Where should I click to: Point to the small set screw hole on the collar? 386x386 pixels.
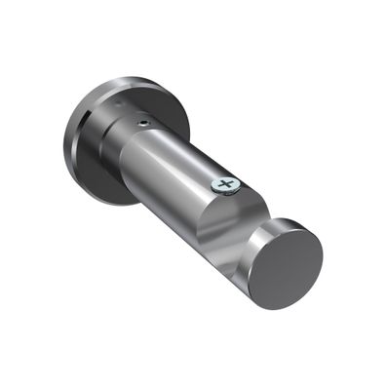(144, 123)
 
